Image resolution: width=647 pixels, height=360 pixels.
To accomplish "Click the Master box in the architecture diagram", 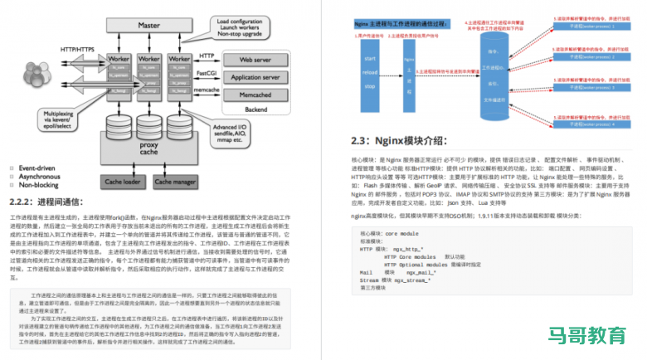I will coord(149,26).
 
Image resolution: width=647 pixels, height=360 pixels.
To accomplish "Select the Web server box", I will coord(258,61).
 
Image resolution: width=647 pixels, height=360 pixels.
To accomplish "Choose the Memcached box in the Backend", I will coord(258,95).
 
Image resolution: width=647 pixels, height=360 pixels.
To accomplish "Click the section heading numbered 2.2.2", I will coord(53,202).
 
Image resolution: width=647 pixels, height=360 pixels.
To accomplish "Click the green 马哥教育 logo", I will coord(586,335).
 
